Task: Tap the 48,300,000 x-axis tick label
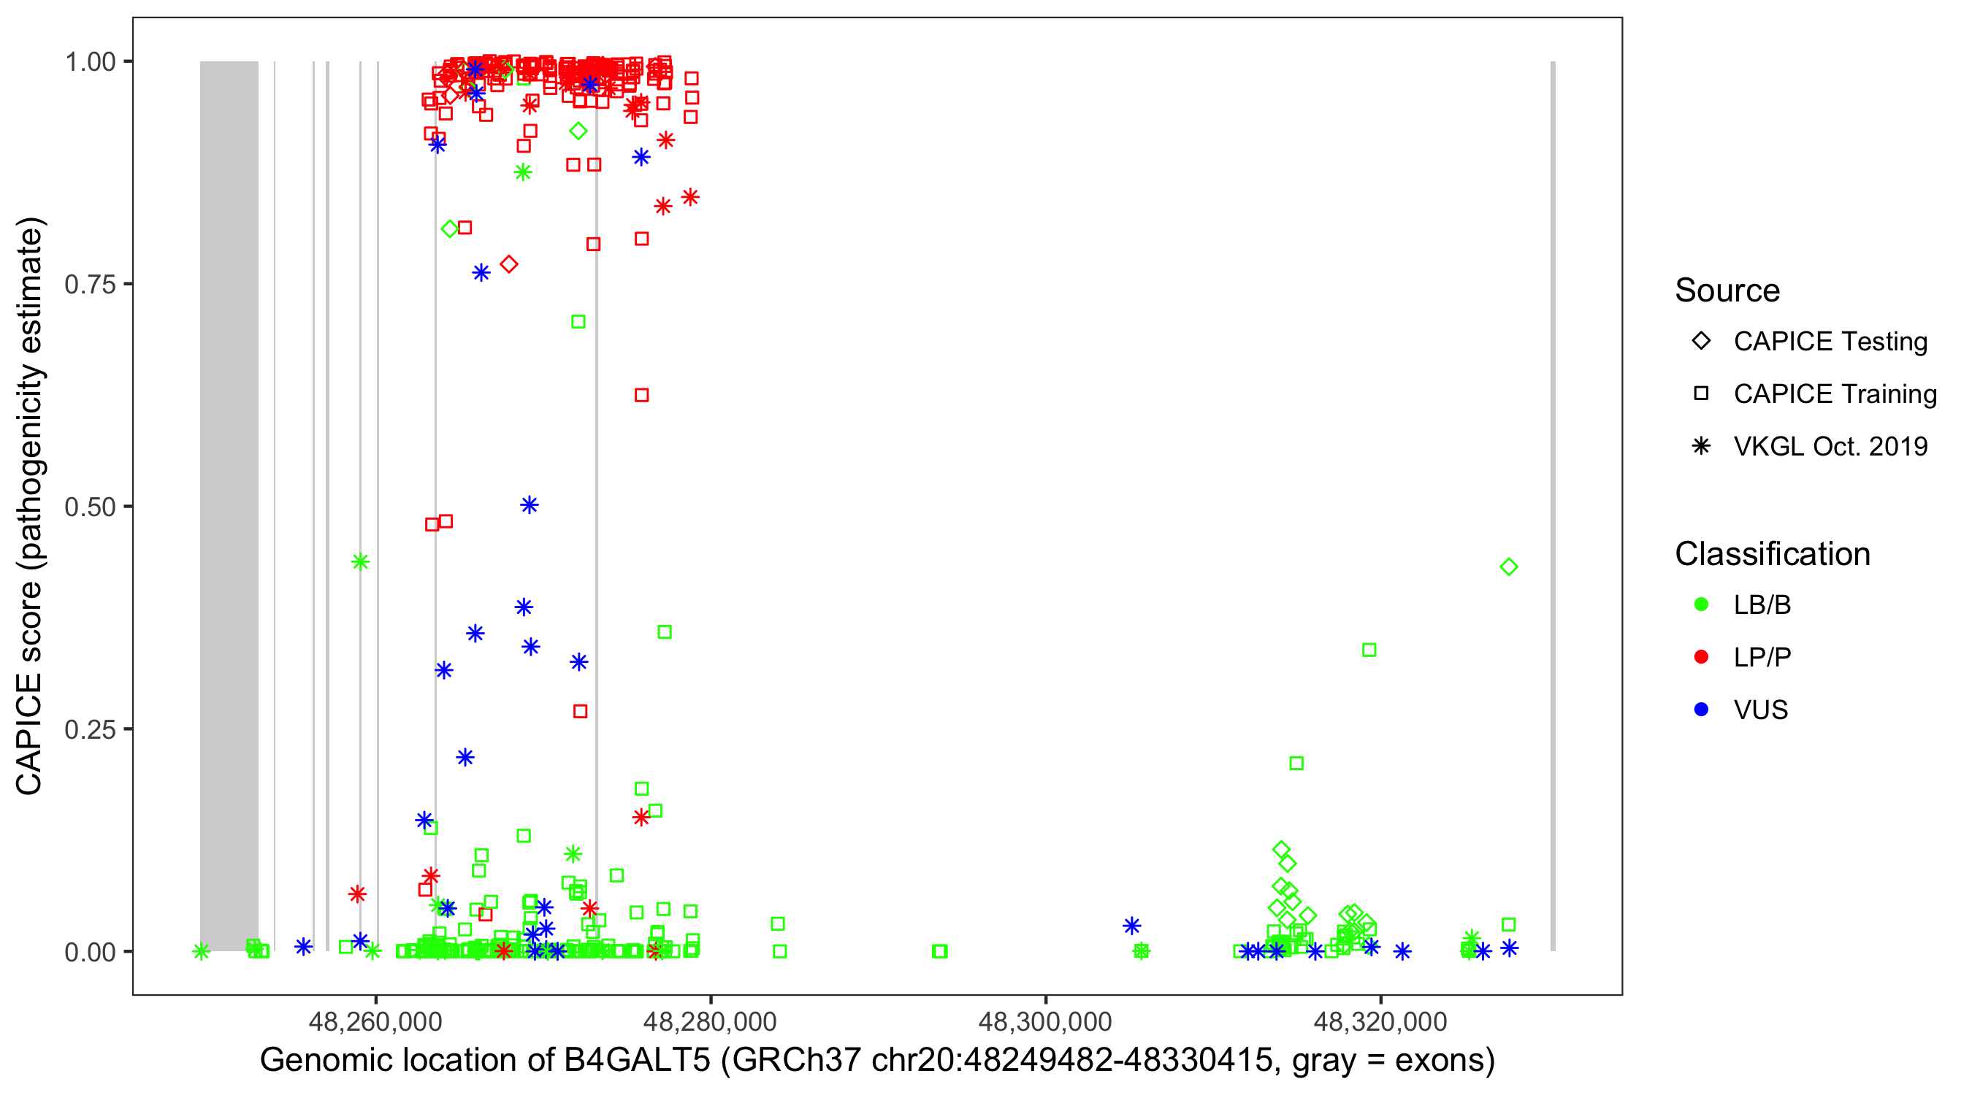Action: (1045, 1021)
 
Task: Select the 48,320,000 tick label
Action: (1380, 1021)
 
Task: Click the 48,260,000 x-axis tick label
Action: (375, 1021)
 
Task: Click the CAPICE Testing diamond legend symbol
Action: (1701, 342)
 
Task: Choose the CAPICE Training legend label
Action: (1835, 394)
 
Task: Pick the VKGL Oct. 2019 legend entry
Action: (1830, 447)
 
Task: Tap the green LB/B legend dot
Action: (1701, 604)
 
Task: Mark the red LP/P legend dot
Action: (1701, 657)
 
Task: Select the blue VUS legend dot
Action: (1701, 710)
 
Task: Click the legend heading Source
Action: (1727, 291)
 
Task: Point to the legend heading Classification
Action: (1772, 554)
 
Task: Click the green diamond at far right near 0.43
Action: (1508, 567)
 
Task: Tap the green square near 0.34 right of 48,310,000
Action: (1369, 650)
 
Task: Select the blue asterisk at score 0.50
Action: (529, 505)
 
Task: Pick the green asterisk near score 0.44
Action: (360, 562)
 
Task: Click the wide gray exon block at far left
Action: (229, 505)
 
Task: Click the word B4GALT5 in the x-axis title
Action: (637, 1061)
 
